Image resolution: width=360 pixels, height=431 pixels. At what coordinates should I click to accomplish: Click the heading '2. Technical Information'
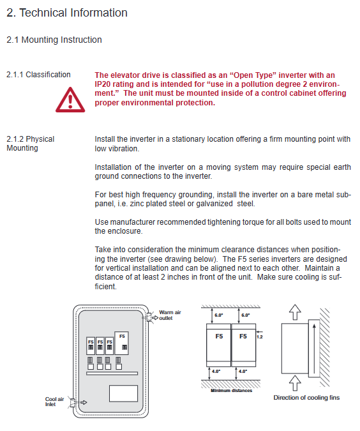(67, 13)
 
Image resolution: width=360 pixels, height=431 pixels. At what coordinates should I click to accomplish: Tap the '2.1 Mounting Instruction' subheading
(54, 40)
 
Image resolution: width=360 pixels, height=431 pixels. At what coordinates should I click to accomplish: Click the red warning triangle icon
(70, 100)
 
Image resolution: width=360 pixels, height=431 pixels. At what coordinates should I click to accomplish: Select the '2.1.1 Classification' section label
(38, 75)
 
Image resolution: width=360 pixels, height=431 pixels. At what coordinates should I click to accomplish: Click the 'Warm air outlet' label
(170, 315)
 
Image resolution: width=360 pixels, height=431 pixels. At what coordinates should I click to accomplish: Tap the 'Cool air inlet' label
(54, 402)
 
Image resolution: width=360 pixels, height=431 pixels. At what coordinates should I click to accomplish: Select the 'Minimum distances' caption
(232, 390)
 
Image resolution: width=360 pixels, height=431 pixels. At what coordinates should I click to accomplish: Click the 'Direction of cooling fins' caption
(306, 397)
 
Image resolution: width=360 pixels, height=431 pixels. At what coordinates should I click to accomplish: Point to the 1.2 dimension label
(259, 336)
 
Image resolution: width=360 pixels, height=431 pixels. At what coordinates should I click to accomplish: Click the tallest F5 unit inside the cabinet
(121, 343)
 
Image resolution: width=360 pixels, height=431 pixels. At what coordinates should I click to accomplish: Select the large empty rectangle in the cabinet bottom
(123, 393)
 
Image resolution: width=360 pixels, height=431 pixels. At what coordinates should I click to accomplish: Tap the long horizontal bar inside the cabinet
(112, 374)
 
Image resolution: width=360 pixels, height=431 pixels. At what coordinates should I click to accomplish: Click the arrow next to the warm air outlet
(155, 318)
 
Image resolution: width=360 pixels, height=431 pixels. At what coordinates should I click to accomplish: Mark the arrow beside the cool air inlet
(84, 402)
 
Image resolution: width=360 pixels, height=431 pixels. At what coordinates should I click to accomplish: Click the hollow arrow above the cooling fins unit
(295, 312)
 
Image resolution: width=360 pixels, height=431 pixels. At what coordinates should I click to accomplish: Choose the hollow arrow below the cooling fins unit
(295, 382)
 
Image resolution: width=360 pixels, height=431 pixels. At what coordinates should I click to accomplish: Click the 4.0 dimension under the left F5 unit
(216, 372)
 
